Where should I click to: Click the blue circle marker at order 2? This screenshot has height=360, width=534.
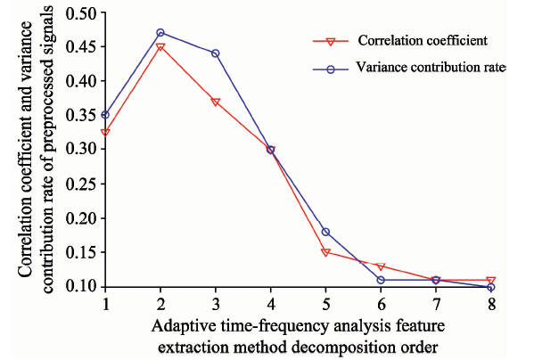160,33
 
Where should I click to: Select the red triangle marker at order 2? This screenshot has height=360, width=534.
160,46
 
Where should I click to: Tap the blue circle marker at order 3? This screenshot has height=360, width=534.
215,53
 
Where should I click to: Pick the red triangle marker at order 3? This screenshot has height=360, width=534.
215,102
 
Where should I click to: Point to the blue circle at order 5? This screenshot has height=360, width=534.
325,232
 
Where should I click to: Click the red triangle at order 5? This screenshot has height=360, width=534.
325,252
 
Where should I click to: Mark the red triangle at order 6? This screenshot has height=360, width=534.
381,266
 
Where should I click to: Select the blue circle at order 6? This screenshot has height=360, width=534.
381,280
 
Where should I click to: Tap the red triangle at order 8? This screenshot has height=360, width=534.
490,280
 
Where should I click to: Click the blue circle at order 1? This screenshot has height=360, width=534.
105,115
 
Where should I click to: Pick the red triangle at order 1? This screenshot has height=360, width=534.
105,133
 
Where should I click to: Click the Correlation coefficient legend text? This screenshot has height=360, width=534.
423,40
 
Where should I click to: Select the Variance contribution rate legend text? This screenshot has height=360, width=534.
431,67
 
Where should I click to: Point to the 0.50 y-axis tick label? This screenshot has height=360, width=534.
81,13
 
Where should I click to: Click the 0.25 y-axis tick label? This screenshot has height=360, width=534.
81,184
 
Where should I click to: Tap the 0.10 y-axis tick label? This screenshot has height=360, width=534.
81,287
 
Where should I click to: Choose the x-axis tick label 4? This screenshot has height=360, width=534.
271,304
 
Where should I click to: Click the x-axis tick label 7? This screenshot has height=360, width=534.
436,304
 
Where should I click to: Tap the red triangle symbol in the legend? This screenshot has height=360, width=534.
331,42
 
